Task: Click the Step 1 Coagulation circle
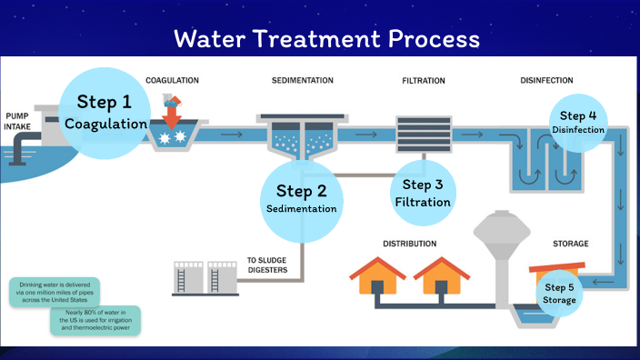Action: click(105, 111)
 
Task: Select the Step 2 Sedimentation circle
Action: click(301, 198)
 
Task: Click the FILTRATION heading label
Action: click(424, 81)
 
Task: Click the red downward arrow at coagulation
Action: click(172, 117)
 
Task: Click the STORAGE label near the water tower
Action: click(571, 244)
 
